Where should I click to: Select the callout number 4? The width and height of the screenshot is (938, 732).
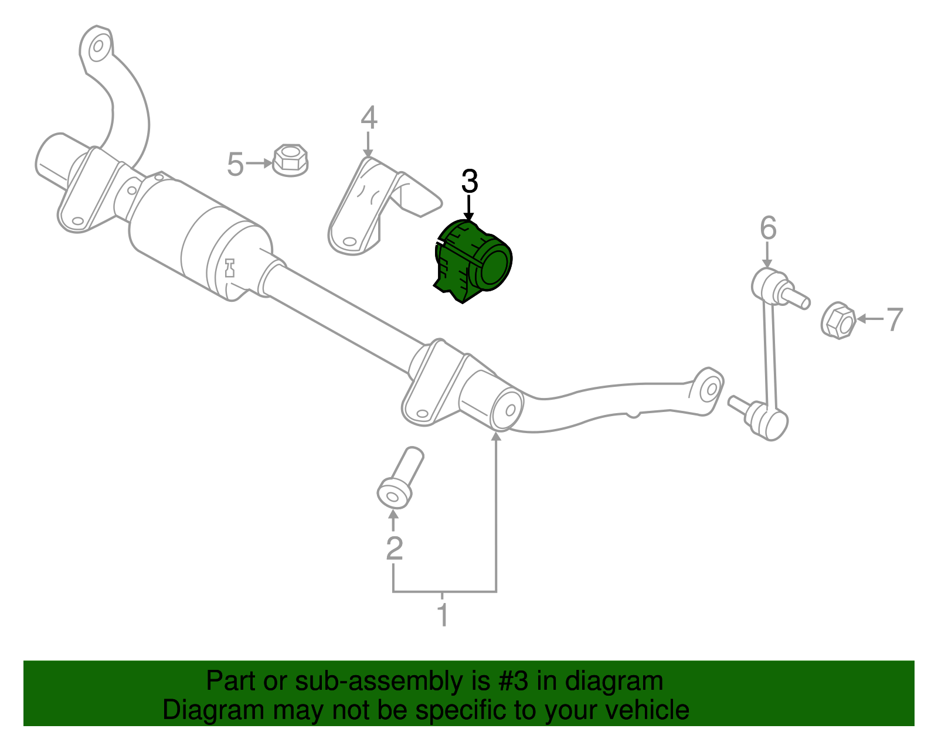[368, 118]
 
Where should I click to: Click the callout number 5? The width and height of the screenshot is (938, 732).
[235, 164]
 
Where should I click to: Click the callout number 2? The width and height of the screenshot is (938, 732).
[394, 549]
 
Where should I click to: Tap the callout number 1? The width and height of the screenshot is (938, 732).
[443, 615]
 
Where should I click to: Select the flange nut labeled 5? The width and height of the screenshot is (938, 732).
[290, 159]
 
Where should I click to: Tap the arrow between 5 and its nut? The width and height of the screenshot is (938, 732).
[258, 164]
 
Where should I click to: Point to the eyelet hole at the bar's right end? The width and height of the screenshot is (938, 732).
[710, 389]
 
